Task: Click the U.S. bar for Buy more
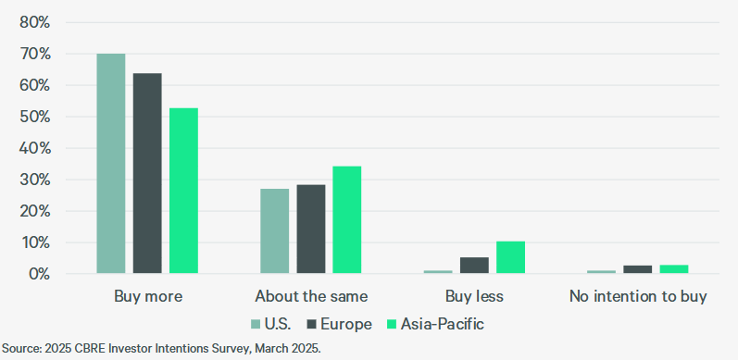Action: [111, 164]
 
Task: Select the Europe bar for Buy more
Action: [147, 173]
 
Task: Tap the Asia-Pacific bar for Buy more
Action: [183, 191]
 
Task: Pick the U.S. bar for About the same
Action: [274, 231]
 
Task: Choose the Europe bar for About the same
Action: [311, 230]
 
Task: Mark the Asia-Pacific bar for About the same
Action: [346, 220]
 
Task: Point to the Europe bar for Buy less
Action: [474, 266]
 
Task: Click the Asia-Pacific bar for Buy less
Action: [510, 257]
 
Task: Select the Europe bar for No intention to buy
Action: [638, 269]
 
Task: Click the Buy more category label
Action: [148, 297]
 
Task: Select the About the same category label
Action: [311, 297]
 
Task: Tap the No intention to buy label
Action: [638, 297]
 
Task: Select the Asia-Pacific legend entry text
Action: [442, 324]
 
